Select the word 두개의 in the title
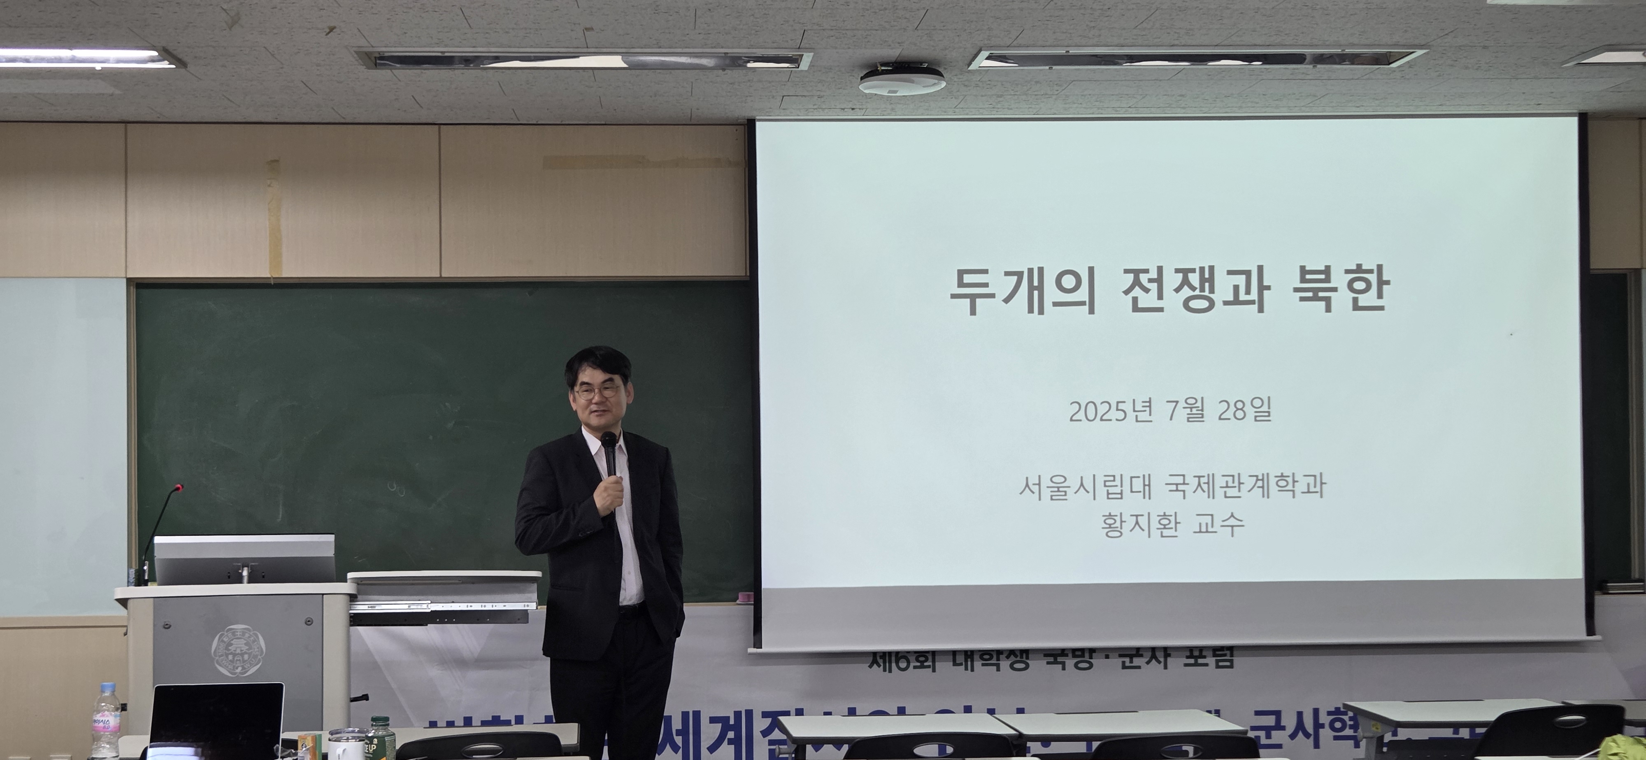[1022, 291]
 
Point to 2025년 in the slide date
[1111, 411]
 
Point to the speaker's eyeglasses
[596, 391]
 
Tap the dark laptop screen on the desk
[216, 722]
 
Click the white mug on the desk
[345, 745]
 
